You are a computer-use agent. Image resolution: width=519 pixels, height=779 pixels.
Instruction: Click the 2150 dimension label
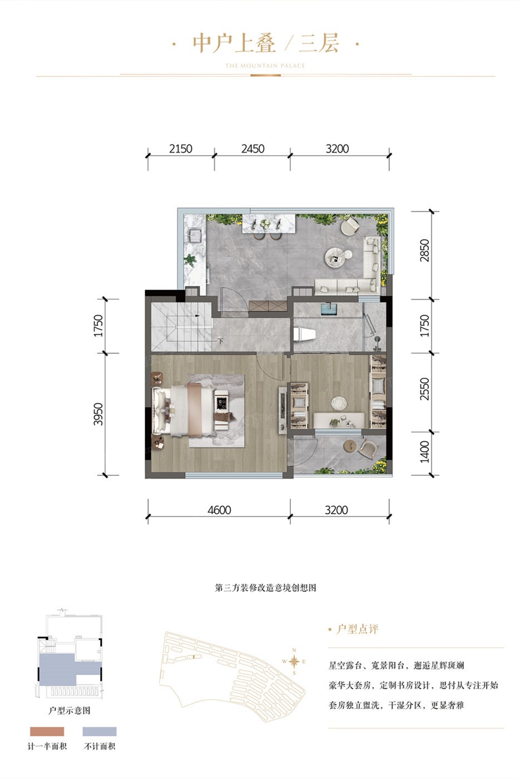click(x=181, y=149)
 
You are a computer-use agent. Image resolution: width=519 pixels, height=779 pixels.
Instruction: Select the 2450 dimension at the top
click(x=253, y=149)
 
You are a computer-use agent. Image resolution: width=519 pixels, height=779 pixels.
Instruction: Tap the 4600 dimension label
click(x=219, y=510)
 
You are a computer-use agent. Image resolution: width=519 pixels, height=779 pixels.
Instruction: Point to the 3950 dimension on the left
click(x=98, y=414)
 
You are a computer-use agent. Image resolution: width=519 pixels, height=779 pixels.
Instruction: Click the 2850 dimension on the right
click(x=424, y=250)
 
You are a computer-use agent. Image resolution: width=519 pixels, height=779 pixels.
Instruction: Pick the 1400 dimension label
click(x=424, y=452)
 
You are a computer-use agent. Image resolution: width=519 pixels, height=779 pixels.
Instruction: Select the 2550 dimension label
click(x=424, y=389)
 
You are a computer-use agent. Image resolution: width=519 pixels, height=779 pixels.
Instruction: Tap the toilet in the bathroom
click(x=304, y=334)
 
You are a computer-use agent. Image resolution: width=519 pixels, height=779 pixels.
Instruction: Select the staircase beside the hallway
click(x=182, y=327)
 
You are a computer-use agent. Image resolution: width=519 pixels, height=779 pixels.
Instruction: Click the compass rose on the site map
click(x=294, y=661)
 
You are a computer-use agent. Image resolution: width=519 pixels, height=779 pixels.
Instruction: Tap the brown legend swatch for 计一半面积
click(x=47, y=731)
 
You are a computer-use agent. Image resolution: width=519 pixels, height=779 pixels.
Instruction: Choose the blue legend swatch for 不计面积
click(x=100, y=731)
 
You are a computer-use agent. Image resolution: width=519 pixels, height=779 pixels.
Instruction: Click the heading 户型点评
click(x=357, y=629)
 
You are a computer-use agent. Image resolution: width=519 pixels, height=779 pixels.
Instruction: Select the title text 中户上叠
click(x=234, y=43)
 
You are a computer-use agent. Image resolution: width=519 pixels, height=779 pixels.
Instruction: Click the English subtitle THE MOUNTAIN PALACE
click(x=265, y=66)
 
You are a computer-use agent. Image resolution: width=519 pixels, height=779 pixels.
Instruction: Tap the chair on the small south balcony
click(x=367, y=450)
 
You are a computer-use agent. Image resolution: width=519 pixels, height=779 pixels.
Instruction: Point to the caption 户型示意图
click(x=69, y=710)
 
